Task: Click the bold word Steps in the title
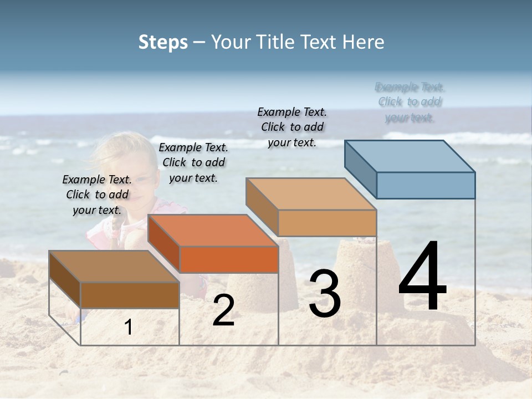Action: click(163, 42)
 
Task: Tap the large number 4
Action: click(422, 277)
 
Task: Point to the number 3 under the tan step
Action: click(324, 294)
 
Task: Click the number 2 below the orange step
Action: click(223, 310)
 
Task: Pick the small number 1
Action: click(129, 328)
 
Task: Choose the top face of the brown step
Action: click(114, 267)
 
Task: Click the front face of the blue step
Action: click(426, 185)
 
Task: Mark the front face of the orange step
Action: click(229, 259)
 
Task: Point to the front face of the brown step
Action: click(130, 295)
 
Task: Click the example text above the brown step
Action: click(97, 195)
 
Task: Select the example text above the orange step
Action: click(193, 162)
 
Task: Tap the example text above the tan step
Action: click(292, 127)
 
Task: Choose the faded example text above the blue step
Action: click(410, 102)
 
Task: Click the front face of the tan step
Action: click(327, 223)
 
